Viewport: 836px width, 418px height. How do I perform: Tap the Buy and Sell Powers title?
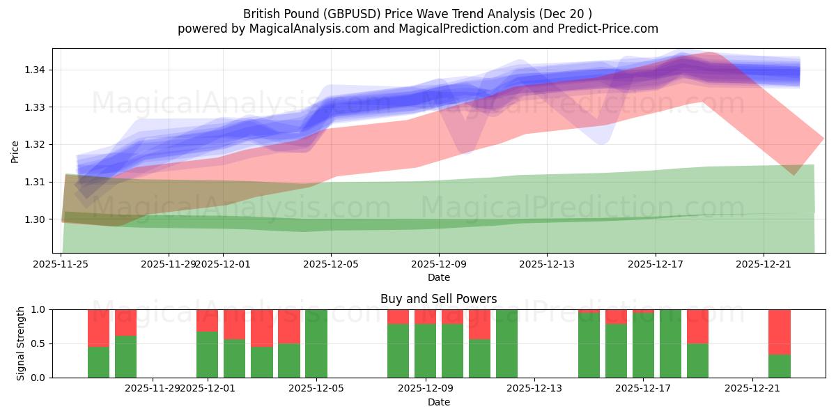pos(438,299)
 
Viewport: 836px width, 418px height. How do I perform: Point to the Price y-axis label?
pos(15,150)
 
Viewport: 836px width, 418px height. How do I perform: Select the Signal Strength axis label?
pos(21,343)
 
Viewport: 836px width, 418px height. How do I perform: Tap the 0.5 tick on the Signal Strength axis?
pos(39,343)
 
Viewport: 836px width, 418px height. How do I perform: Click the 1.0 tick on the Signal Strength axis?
pos(39,309)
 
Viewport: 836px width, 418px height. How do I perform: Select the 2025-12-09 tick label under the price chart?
pos(438,264)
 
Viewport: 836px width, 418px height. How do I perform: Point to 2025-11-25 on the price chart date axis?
pos(61,264)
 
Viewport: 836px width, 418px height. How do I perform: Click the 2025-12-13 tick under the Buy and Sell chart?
pos(534,389)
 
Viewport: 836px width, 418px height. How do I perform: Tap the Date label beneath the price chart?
pos(438,277)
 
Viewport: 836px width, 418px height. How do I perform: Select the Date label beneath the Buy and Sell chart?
pos(438,402)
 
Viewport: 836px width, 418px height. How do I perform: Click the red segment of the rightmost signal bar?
pos(779,332)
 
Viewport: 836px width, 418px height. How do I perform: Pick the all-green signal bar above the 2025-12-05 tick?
pos(316,343)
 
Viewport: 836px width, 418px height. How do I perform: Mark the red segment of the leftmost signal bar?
pos(98,327)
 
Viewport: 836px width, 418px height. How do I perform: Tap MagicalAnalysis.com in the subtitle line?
pos(303,29)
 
